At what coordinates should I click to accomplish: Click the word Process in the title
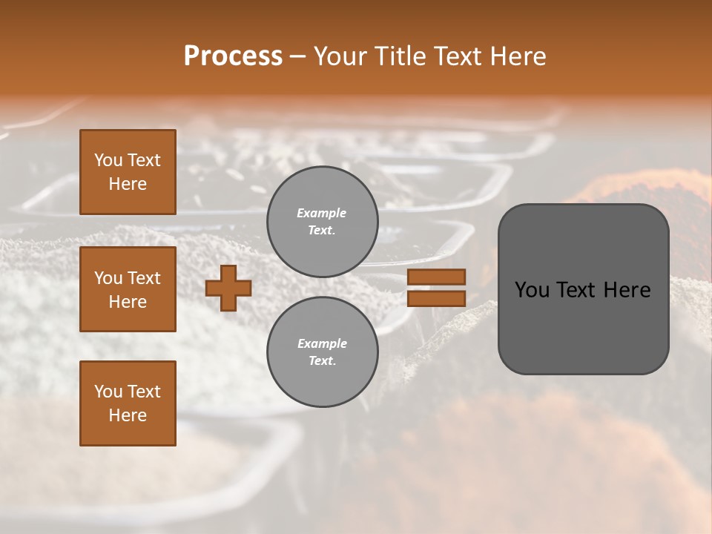click(x=233, y=56)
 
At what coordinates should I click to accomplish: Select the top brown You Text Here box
click(x=128, y=172)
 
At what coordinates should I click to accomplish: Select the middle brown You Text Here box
click(x=128, y=289)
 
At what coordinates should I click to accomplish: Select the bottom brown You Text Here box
click(x=128, y=403)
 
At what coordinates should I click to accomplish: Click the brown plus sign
click(x=228, y=289)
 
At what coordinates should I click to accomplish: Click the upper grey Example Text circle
click(x=322, y=221)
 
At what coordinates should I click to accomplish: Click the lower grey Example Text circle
click(x=322, y=352)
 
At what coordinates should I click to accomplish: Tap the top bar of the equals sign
click(x=436, y=277)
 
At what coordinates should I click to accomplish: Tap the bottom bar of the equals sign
click(x=436, y=299)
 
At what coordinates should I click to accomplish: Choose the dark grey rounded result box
click(x=583, y=326)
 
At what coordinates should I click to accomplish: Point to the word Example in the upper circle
click(x=321, y=213)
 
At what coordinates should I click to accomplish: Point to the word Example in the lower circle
click(x=322, y=343)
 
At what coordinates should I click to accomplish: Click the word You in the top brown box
click(x=108, y=160)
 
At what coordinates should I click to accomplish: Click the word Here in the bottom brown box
click(x=128, y=415)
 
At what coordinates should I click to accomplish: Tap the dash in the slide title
click(x=297, y=56)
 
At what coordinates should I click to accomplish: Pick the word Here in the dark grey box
click(x=627, y=290)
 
